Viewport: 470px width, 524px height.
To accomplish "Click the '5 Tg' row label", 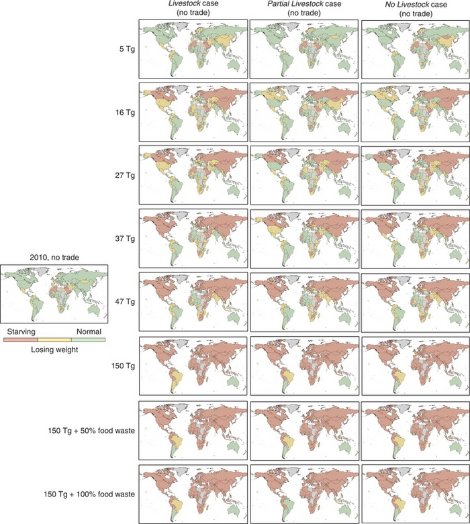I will [125, 48].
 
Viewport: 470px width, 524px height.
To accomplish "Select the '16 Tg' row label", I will [123, 111].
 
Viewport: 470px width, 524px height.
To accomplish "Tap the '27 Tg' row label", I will [123, 174].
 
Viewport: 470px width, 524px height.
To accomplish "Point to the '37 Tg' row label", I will [123, 238].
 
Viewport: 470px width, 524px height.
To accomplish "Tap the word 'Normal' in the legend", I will [90, 331].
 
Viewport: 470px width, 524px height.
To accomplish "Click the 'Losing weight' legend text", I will [54, 350].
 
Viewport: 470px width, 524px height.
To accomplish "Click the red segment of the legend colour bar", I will [20, 340].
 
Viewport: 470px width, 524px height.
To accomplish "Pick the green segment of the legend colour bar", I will [89, 340].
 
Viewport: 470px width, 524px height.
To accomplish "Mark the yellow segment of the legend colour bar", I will [54, 340].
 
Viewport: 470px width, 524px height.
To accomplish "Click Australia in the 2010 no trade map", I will [95, 311].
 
